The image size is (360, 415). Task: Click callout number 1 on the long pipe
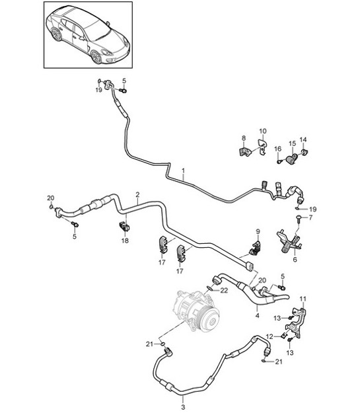[183, 170]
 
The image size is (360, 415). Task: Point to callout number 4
[257, 317]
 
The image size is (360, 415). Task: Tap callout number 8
[243, 138]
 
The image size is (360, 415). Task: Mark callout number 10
[262, 131]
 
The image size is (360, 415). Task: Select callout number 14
[303, 139]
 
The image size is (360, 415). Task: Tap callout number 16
[278, 148]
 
